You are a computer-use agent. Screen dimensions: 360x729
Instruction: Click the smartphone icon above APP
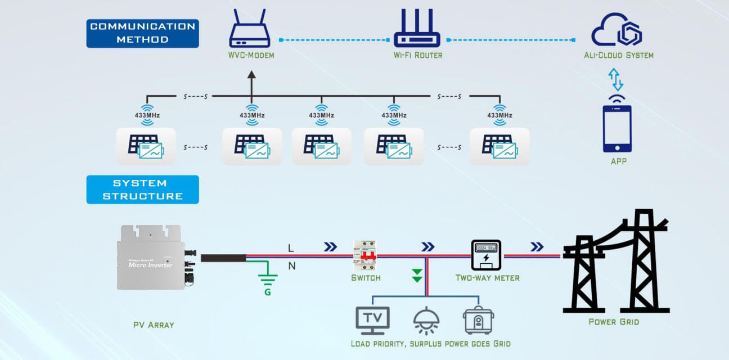[617, 129]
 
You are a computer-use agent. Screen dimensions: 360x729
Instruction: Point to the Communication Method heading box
[142, 33]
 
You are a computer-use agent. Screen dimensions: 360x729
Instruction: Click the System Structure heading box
[142, 190]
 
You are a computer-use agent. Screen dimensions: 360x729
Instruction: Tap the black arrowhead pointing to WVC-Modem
[251, 75]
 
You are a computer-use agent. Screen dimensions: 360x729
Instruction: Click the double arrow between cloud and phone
[617, 79]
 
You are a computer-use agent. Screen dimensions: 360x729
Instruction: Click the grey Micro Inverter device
[152, 257]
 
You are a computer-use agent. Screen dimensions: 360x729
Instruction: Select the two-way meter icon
[485, 255]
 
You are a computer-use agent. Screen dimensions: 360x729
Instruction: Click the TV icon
[372, 319]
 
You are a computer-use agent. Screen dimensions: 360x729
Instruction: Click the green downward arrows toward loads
[417, 275]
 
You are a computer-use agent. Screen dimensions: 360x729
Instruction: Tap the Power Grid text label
[614, 322]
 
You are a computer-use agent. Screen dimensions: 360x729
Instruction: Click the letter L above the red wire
[291, 247]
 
